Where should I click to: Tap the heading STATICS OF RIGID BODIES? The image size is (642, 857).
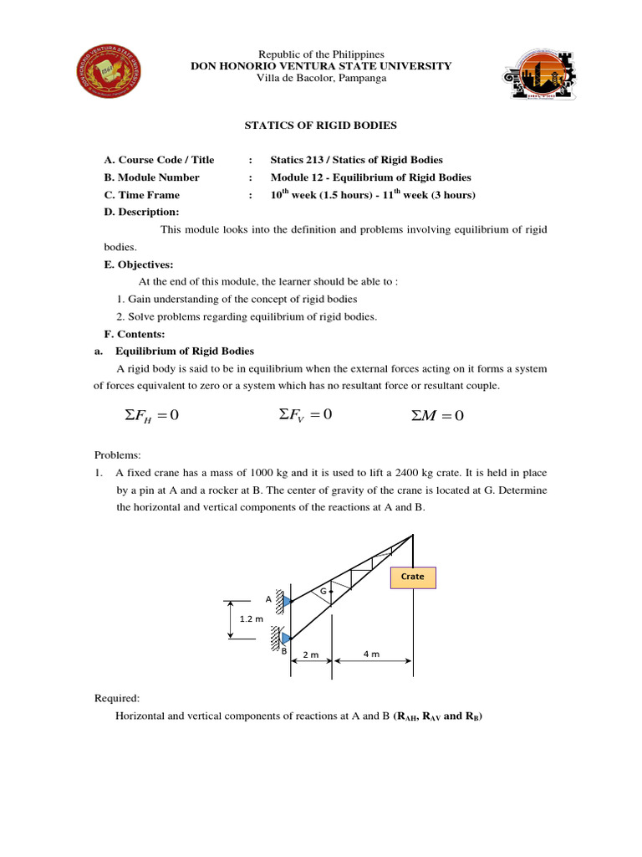320,126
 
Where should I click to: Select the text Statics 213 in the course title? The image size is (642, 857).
298,160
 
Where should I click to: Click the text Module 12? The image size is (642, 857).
296,177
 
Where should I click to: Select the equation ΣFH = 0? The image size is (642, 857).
151,416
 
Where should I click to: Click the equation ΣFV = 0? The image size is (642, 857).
305,414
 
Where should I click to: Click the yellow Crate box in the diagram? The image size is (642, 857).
412,577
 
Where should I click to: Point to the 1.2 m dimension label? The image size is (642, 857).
252,620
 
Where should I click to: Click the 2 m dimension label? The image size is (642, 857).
310,655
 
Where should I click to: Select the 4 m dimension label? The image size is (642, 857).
372,654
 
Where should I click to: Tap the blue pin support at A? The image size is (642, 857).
286,601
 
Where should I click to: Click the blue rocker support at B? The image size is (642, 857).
286,639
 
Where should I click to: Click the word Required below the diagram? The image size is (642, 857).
117,697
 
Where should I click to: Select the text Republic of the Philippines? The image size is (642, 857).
320,54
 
